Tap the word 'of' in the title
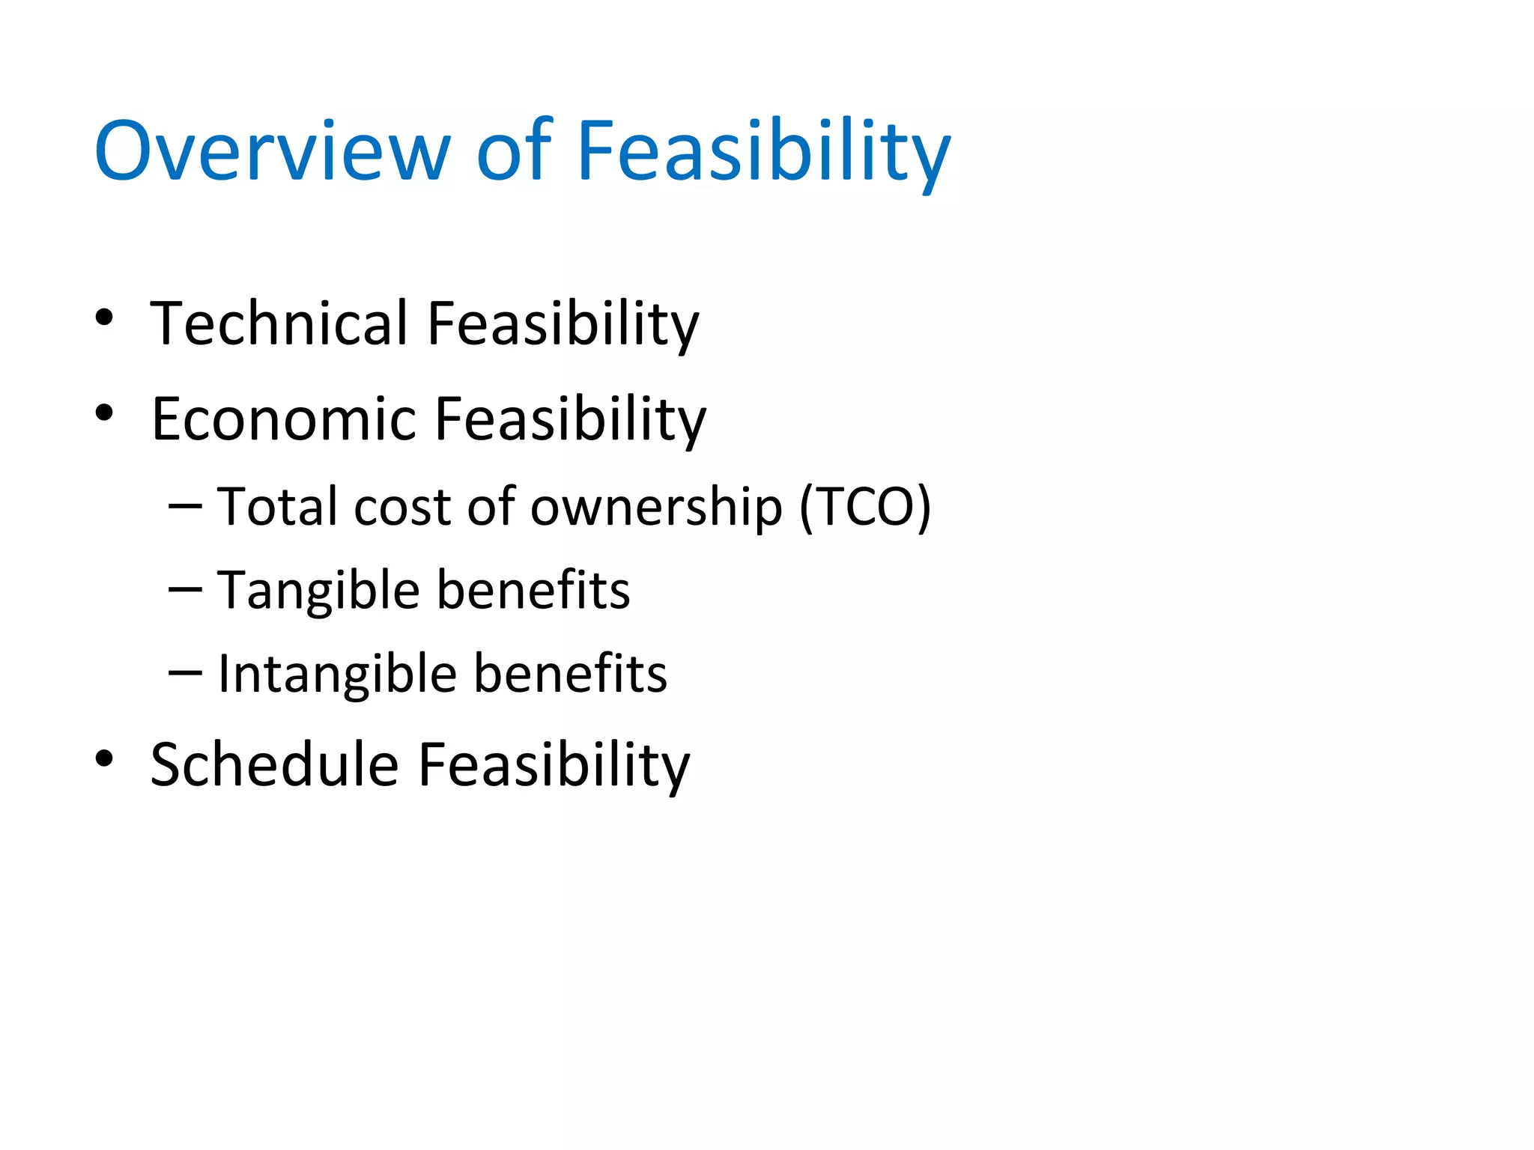[x=514, y=152]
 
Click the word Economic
[x=283, y=419]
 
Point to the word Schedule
[x=274, y=765]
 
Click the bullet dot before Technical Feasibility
[x=104, y=318]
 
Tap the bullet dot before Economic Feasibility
[x=104, y=413]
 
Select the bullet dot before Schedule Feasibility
[x=104, y=759]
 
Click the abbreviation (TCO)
[x=865, y=508]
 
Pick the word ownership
[x=656, y=508]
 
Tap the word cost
[x=402, y=508]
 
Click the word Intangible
[x=338, y=675]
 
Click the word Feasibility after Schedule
[x=554, y=765]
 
